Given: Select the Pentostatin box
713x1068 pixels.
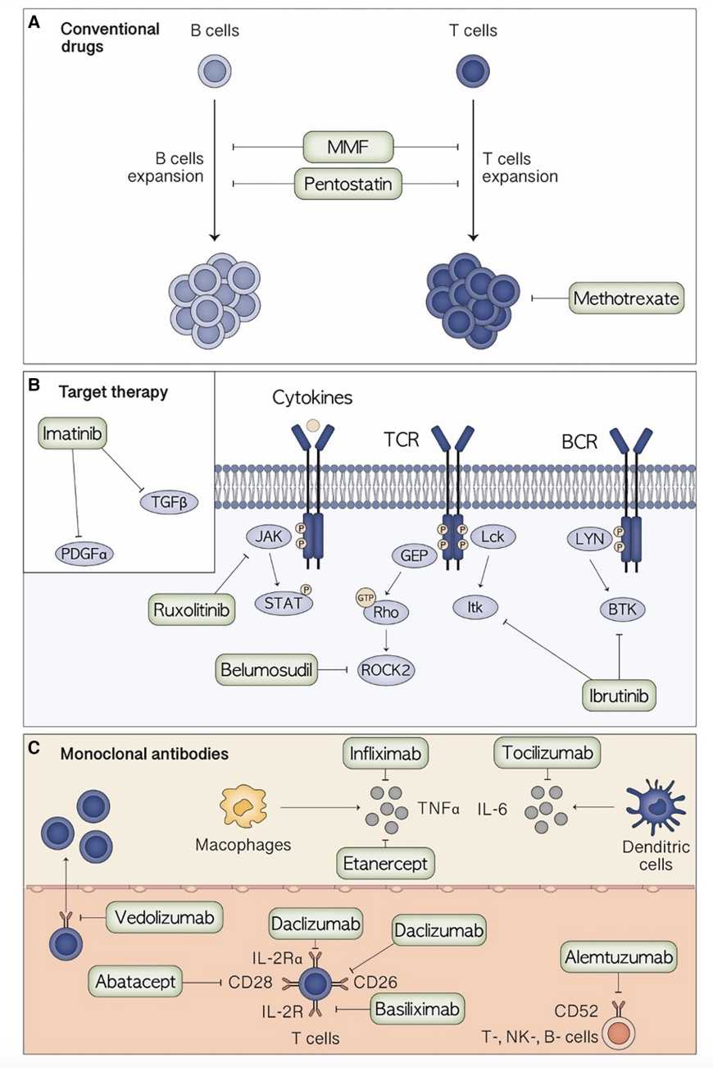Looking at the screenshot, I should point(347,185).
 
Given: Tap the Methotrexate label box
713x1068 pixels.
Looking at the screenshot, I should point(626,299).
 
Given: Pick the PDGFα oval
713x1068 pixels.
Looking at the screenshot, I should point(85,555).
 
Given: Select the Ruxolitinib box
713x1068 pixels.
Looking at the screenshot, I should point(187,609).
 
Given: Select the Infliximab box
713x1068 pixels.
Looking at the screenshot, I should point(385,752).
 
